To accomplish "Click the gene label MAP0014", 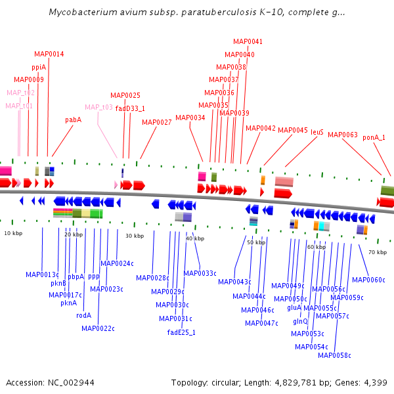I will [x=49, y=54].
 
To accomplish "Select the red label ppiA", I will [x=39, y=67].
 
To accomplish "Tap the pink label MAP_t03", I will [x=98, y=107].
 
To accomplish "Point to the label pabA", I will [x=73, y=120].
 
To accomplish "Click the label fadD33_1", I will [x=130, y=108].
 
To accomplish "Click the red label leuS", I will [x=317, y=131].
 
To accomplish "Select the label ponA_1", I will [x=374, y=137].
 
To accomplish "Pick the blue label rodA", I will [x=83, y=315].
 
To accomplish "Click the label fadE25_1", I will [x=181, y=332].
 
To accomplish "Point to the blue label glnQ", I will [x=300, y=321].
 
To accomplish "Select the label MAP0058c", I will [x=334, y=355].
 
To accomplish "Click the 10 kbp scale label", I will [x=12, y=233].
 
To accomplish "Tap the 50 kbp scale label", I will [x=256, y=242].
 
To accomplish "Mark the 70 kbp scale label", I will [x=377, y=252].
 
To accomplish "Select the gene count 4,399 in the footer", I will [x=376, y=382].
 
